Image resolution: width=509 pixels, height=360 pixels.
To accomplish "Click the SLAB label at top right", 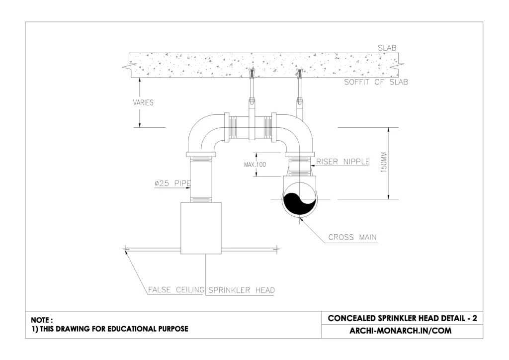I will click(387, 48).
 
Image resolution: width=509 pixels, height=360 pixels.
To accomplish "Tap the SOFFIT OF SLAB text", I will click(376, 82).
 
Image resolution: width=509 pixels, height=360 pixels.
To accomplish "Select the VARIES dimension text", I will click(143, 103).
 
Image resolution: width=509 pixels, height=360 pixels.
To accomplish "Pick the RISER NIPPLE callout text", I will click(342, 161).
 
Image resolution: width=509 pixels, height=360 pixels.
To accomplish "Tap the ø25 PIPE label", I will click(172, 184).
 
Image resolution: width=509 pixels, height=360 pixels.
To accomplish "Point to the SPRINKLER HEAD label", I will click(241, 290).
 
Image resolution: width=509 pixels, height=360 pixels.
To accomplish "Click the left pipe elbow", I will click(204, 132).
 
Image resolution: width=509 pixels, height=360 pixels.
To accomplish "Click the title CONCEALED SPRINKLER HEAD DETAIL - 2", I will click(403, 318).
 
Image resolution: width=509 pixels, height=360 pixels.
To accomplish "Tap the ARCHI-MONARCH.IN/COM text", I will click(403, 331).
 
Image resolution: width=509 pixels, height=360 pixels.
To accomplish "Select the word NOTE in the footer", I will click(41, 320).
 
